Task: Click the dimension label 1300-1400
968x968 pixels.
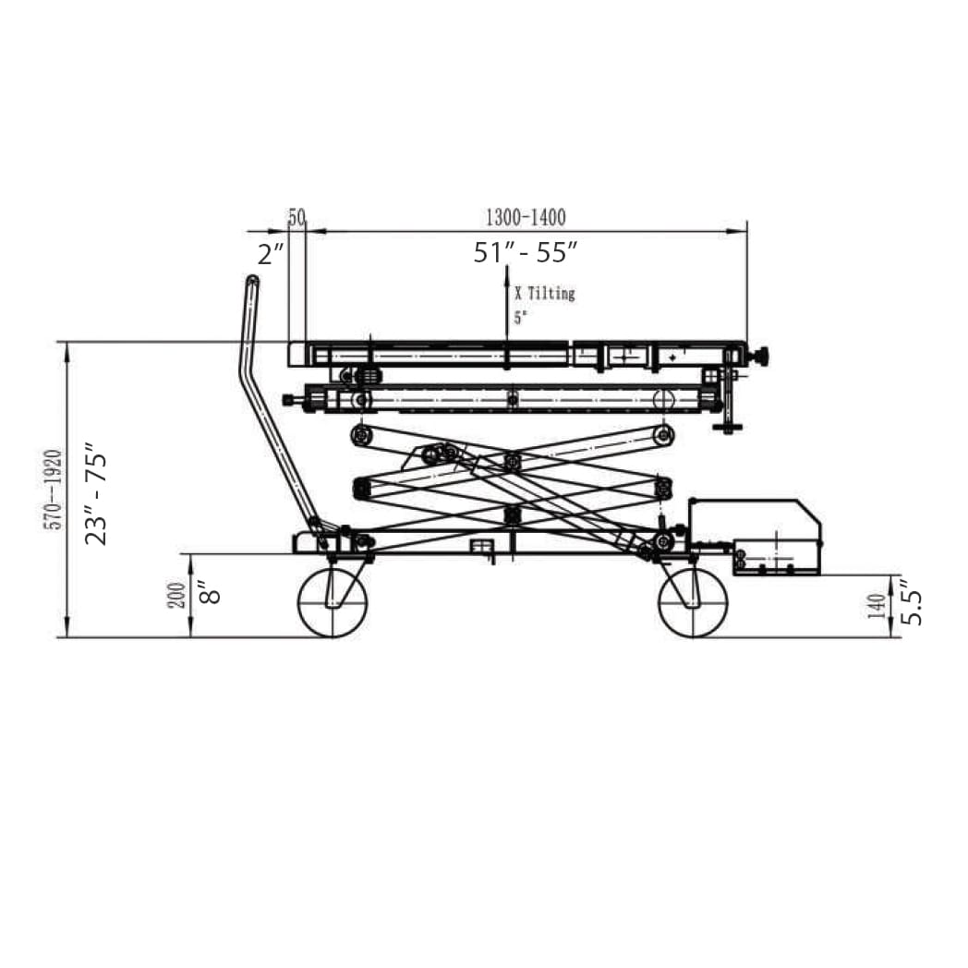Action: [526, 217]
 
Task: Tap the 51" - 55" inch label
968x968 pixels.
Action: [526, 252]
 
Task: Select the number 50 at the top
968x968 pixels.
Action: [296, 217]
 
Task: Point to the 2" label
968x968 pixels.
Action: [271, 254]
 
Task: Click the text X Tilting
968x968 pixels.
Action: [545, 293]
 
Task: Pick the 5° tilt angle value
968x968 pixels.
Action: [520, 318]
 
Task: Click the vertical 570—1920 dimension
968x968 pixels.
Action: [54, 490]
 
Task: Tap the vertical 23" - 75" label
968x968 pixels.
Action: [96, 493]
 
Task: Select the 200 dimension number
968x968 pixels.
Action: [176, 596]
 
